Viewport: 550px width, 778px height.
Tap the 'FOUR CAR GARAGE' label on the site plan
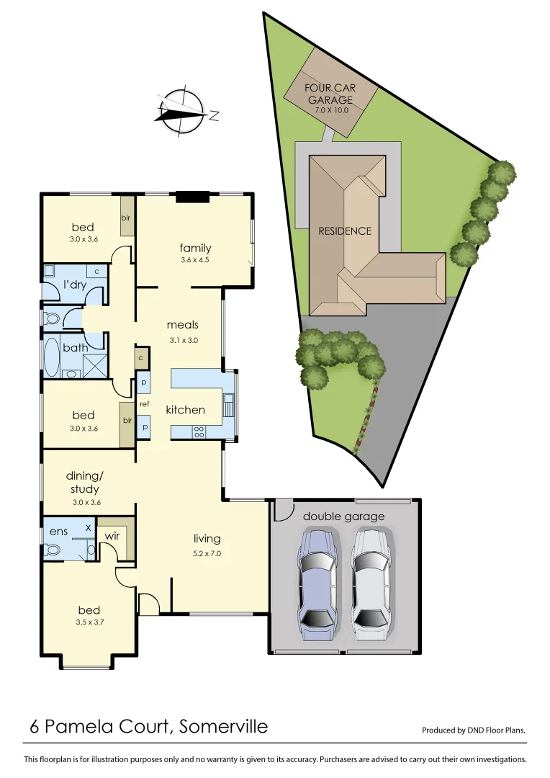tap(330, 94)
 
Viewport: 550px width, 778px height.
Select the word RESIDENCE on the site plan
tap(345, 231)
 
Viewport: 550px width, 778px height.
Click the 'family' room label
tap(195, 248)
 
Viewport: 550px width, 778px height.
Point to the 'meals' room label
tap(182, 324)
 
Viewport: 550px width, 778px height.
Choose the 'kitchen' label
tap(186, 410)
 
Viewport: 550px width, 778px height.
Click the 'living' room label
tap(207, 538)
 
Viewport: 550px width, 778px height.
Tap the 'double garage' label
tap(343, 516)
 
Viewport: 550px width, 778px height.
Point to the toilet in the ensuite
tap(52, 550)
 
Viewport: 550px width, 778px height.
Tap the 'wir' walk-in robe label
tap(112, 535)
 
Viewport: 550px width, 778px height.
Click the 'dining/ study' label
tap(85, 482)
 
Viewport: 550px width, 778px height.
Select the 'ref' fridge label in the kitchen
tap(144, 404)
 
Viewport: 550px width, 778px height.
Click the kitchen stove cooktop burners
tap(199, 432)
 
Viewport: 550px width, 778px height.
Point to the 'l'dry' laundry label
tap(75, 285)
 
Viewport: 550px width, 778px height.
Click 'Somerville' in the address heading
tap(223, 726)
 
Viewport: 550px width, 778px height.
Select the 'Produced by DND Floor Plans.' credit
tap(473, 730)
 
